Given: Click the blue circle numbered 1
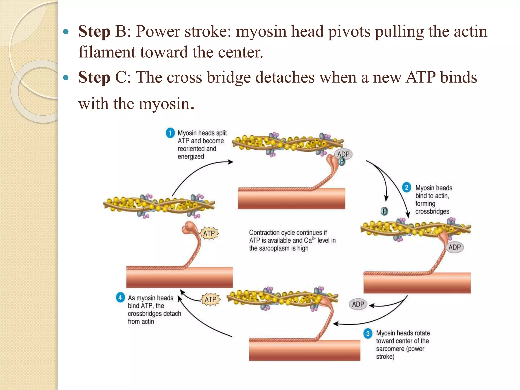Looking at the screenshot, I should point(170,133).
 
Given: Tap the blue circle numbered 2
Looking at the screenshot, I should point(407,188).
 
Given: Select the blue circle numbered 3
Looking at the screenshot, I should point(368,333).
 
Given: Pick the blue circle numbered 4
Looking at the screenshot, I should point(120,297).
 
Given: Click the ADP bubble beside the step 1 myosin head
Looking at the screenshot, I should point(344,154).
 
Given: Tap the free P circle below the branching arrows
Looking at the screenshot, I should point(384,211).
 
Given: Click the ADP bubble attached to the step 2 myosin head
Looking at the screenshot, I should point(454,247).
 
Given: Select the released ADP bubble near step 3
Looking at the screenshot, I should point(358,304).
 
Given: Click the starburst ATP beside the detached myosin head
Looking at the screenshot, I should point(209,233).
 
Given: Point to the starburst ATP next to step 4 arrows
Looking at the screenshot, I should point(210,300).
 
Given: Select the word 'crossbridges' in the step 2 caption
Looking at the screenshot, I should point(432,212).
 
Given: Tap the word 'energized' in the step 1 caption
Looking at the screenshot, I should point(191,157).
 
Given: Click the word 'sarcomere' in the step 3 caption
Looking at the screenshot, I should point(390,349).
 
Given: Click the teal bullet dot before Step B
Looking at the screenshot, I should point(66,32).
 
